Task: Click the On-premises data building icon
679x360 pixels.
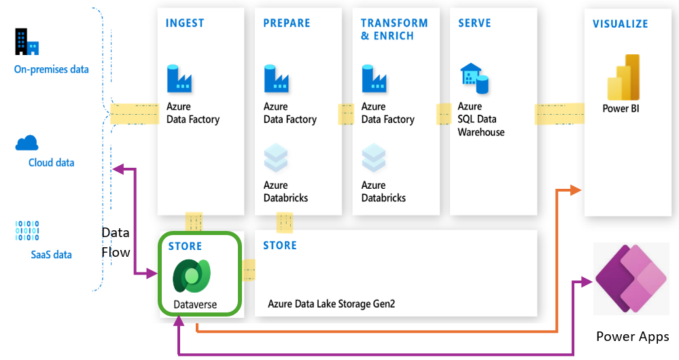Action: coord(27,42)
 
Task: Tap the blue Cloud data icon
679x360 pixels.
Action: coord(27,143)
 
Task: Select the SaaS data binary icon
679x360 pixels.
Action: coord(27,231)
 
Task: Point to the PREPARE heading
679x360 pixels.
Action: coord(287,24)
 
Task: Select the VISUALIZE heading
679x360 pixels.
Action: coord(621,24)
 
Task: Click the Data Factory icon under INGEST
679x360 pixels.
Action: coord(179,79)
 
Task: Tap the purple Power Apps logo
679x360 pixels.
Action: coord(631,279)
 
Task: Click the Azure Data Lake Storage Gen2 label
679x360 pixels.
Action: coord(331,304)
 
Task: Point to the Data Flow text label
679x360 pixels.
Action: coord(115,242)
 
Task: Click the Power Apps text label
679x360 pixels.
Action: coord(632,337)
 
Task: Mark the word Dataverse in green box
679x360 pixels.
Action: coord(195,304)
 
